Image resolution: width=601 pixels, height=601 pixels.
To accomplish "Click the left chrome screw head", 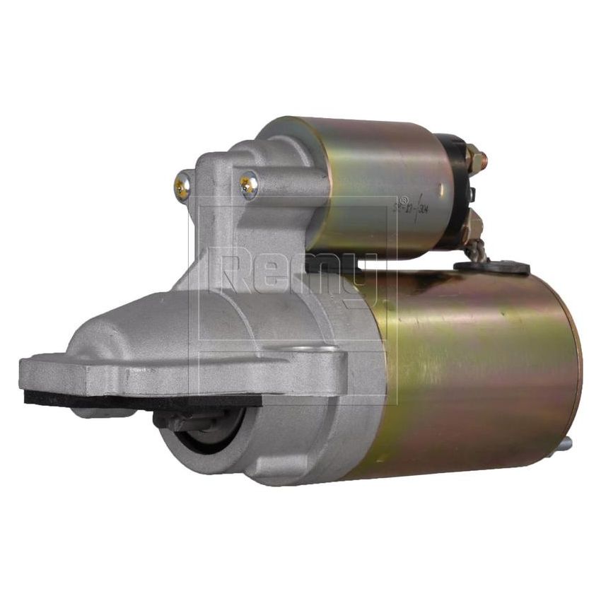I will [x=182, y=187].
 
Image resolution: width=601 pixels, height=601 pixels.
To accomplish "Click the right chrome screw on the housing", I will [x=248, y=185].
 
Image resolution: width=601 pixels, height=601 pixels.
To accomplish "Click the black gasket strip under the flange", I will [x=141, y=399].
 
